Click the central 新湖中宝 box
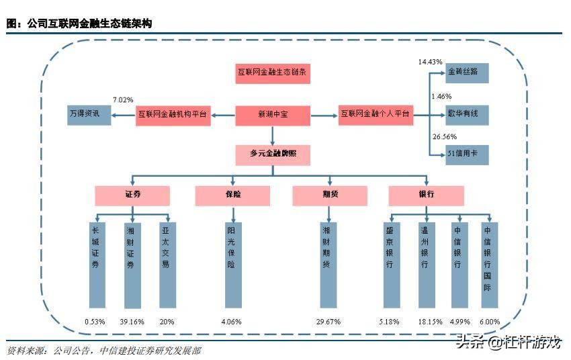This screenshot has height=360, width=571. [x=272, y=115]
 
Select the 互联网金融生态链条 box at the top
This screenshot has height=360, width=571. [x=273, y=73]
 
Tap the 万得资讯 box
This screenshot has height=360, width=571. [x=89, y=115]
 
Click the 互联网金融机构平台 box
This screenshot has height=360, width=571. [x=173, y=115]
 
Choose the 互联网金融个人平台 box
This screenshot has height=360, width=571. [x=375, y=115]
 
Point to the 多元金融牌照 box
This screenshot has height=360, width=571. [x=272, y=155]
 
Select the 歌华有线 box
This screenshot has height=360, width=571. [x=466, y=115]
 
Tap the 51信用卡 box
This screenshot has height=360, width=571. [x=466, y=155]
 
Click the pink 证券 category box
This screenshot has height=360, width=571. [x=132, y=195]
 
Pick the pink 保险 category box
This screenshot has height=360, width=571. [x=232, y=195]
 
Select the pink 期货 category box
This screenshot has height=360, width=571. [x=330, y=195]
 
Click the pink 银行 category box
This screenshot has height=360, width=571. [x=426, y=195]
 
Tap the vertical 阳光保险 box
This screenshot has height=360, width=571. [x=232, y=263]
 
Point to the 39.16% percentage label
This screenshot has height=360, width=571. [x=132, y=322]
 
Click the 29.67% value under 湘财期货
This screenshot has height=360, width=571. [x=329, y=322]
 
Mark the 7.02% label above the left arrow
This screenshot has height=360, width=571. [x=123, y=99]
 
